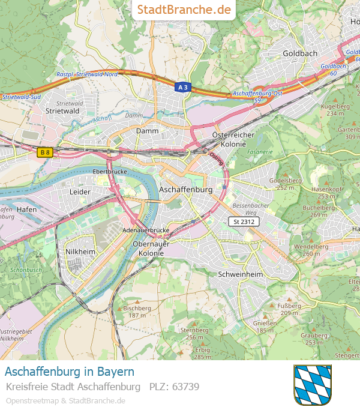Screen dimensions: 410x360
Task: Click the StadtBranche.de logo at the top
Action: click(184, 10)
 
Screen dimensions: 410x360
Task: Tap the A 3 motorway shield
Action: click(183, 87)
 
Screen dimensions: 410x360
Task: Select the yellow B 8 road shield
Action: click(45, 152)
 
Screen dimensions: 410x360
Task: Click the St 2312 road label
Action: click(244, 222)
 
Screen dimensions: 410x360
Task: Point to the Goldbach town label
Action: click(299, 53)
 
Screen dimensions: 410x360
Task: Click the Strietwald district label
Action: click(62, 111)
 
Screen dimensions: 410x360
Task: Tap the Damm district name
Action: click(147, 130)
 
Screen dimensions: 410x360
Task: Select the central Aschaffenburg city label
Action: click(186, 189)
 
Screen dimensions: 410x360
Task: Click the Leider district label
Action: click(80, 192)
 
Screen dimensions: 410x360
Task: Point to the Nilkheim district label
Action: click(80, 251)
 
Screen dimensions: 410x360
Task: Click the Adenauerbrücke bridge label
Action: click(146, 231)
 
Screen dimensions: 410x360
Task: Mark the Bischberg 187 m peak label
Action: click(137, 312)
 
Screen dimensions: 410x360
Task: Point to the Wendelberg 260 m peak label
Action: click(311, 249)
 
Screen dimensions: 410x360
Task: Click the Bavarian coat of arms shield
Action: click(313, 384)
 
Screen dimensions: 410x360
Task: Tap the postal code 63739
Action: click(174, 387)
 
